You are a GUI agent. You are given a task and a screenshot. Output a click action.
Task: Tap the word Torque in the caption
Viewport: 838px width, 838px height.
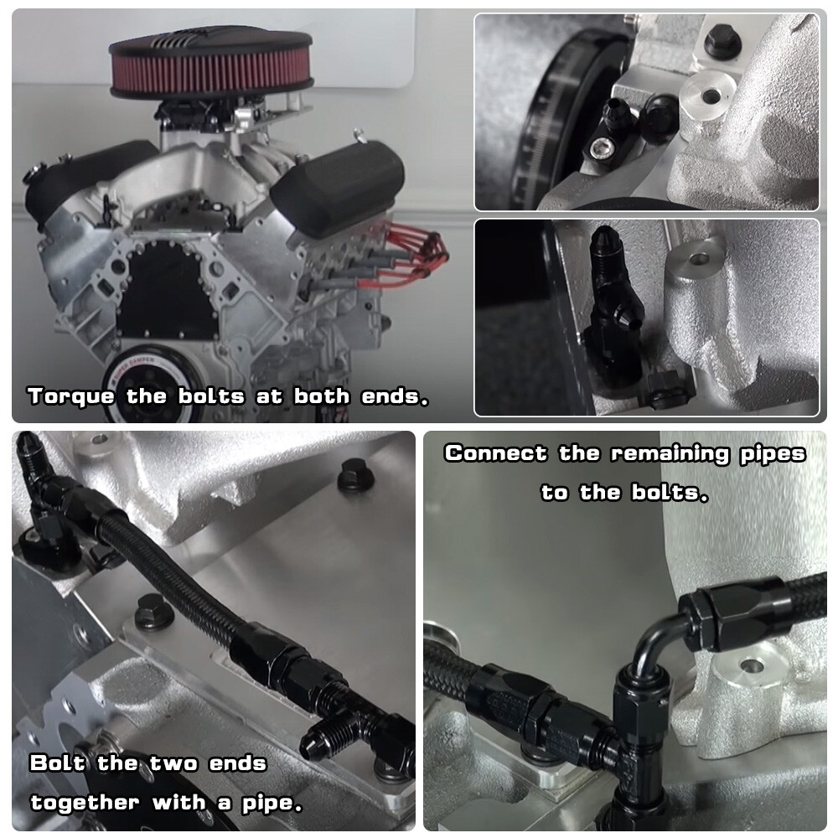click(71, 396)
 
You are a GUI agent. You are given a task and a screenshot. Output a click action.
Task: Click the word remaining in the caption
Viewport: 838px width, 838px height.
click(670, 453)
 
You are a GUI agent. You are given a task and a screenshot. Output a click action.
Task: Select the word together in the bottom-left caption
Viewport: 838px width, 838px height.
click(85, 803)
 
